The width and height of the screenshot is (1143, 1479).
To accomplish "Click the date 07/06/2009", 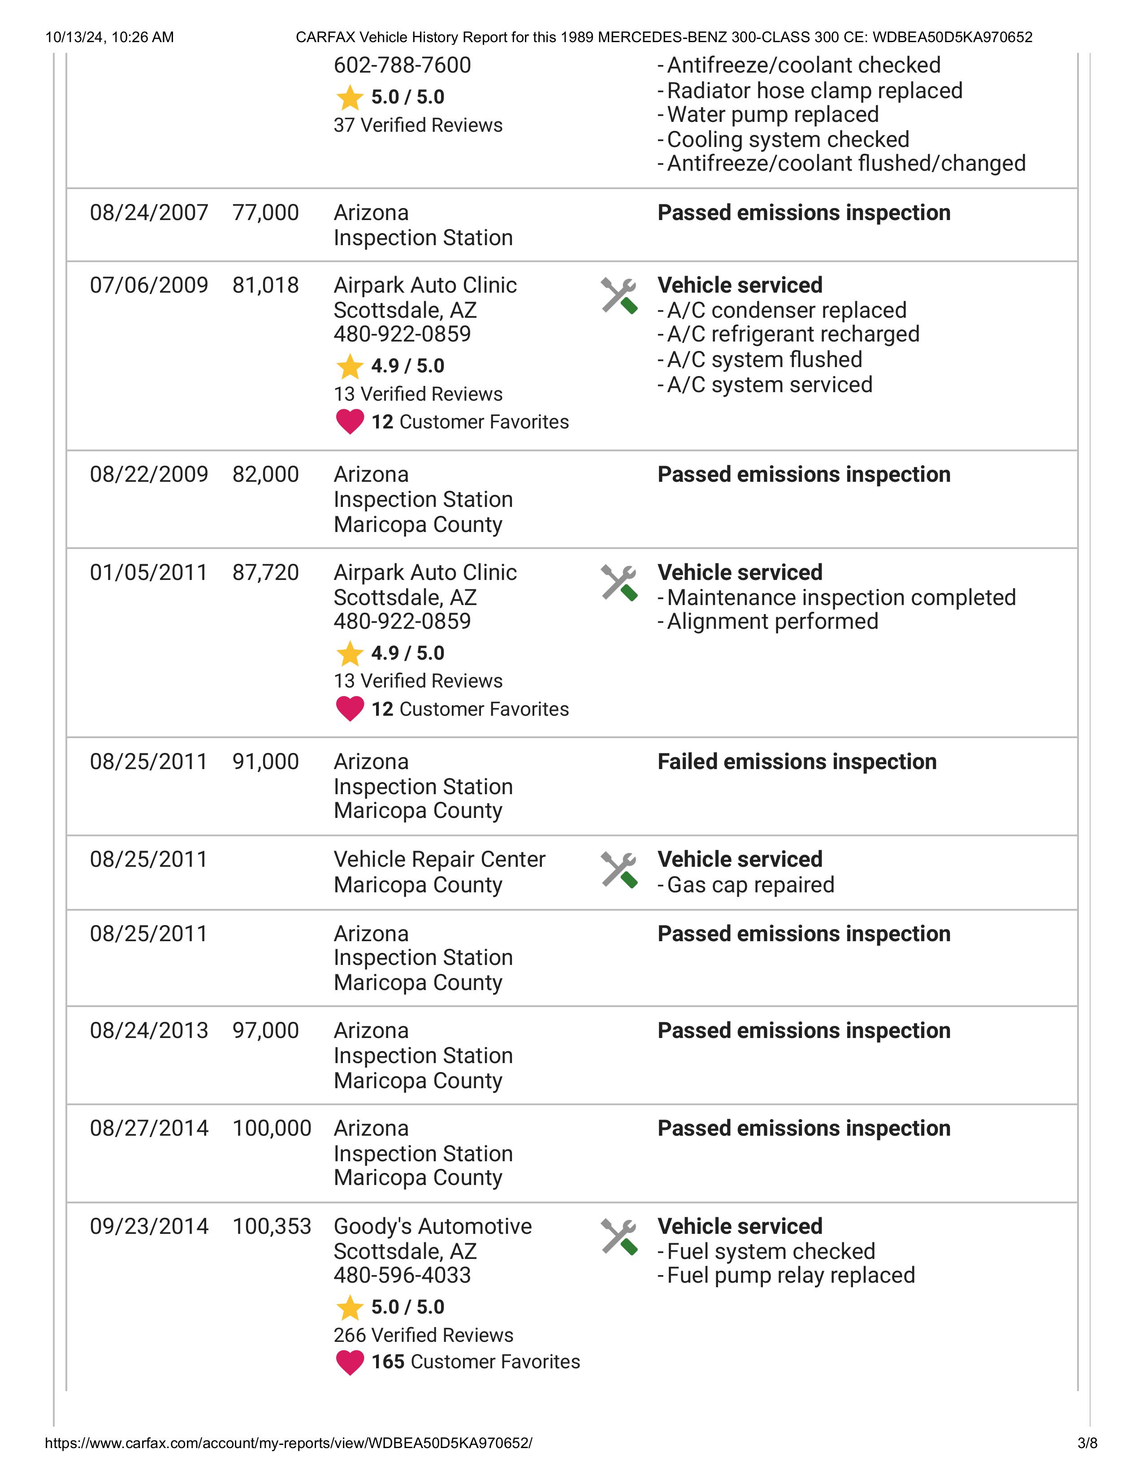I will click(x=149, y=285).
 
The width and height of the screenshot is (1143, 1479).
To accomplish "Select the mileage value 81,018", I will click(x=265, y=285).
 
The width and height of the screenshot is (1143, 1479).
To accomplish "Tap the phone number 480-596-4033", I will click(x=402, y=1275).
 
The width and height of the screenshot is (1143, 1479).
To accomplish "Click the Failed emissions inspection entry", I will click(x=797, y=762).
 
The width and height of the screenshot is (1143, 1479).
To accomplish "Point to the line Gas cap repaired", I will click(x=750, y=885).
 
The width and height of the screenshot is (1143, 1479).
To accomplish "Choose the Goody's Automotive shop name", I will click(x=433, y=1226).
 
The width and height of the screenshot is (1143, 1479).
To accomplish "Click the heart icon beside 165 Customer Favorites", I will click(x=350, y=1362).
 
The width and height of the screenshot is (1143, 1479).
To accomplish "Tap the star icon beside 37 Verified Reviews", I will click(x=350, y=98).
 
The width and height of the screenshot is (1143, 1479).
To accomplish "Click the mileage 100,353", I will click(x=272, y=1226).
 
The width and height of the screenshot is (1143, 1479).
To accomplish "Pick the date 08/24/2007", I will click(x=149, y=212).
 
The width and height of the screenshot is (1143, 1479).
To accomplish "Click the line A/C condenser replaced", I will click(x=786, y=310).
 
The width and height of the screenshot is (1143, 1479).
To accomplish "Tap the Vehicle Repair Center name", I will click(x=439, y=859).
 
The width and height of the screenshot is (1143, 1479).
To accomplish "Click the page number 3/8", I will click(x=1087, y=1443).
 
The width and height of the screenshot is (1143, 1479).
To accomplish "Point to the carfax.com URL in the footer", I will click(x=289, y=1443).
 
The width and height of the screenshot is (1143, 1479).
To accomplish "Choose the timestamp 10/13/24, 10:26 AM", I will click(x=110, y=37).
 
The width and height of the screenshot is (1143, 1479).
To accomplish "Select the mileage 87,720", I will click(x=265, y=573).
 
